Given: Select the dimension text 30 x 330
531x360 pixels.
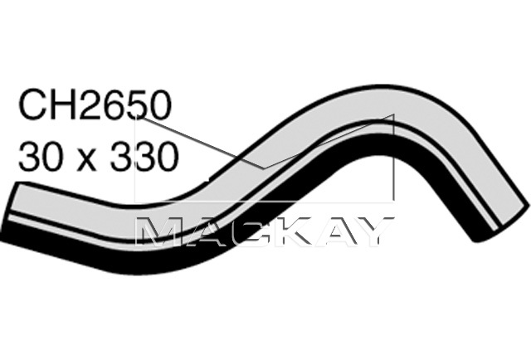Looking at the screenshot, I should (97, 155).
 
